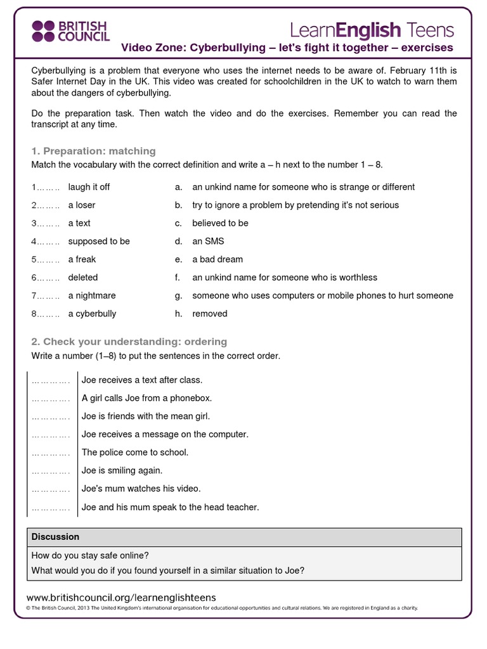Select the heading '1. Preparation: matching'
[93, 151]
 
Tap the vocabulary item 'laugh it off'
[89, 187]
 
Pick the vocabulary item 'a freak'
[82, 259]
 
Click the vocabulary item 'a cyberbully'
[92, 314]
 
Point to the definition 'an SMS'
[208, 241]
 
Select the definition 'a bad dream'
[218, 259]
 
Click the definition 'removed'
[209, 314]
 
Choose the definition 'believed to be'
[220, 223]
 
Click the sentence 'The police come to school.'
[135, 453]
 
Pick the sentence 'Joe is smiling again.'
[122, 471]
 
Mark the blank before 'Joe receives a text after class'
[51, 380]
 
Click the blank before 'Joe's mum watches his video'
[51, 489]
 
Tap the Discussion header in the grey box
[55, 537]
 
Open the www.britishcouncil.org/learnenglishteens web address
[121, 597]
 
